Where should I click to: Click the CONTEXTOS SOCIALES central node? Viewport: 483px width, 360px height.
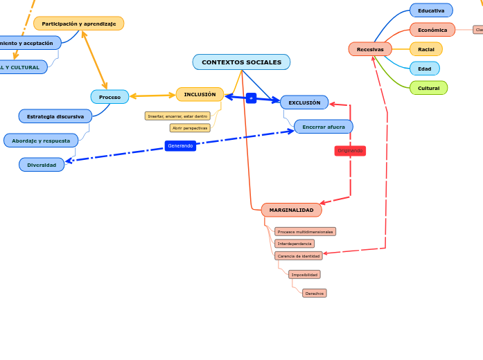click(241, 62)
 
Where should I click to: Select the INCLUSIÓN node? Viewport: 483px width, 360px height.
click(200, 94)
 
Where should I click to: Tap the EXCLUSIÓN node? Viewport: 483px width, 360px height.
click(304, 102)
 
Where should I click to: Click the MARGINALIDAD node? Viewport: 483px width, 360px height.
click(291, 210)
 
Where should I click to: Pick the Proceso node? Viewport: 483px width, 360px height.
click(109, 97)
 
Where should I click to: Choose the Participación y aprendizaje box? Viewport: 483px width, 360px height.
click(78, 24)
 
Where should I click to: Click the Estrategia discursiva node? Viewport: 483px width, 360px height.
click(55, 116)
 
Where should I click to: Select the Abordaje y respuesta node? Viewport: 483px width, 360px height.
click(41, 141)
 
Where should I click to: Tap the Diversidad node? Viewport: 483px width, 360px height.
click(42, 165)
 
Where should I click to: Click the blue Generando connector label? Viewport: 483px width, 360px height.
click(180, 145)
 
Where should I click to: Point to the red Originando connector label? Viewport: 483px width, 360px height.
click(350, 150)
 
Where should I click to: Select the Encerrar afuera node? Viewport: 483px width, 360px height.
click(323, 127)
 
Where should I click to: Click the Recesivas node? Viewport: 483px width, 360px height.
click(370, 49)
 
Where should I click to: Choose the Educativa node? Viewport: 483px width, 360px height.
click(431, 10)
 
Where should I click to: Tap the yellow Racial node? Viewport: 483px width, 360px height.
click(426, 49)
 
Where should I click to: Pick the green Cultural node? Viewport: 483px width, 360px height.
click(428, 88)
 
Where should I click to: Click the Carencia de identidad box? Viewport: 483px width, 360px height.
click(299, 256)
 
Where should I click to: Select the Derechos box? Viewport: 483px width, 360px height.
click(315, 294)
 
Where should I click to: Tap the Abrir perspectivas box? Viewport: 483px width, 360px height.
click(190, 128)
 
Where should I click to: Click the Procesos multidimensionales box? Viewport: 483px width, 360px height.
click(305, 231)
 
